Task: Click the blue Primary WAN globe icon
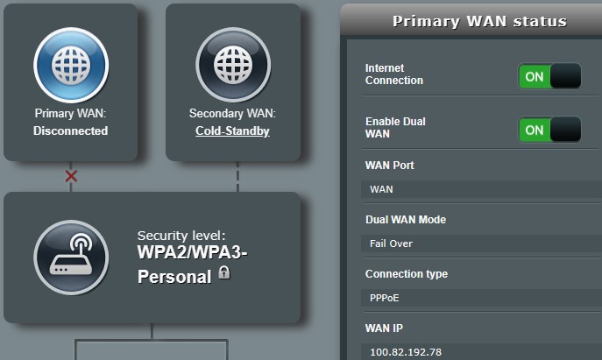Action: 71,65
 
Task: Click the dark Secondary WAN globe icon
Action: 233,65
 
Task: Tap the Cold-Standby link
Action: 232,131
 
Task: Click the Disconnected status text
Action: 71,131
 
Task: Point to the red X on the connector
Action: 71,176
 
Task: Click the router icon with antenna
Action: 71,258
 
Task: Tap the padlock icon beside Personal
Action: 224,272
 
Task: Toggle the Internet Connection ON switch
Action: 549,76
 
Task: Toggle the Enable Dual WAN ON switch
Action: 549,130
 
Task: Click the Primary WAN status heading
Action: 479,22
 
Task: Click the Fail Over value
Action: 391,244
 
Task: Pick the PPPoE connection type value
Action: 385,298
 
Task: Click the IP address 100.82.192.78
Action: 406,352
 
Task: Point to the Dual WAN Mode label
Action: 406,220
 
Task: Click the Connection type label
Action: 407,274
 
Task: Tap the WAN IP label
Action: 385,328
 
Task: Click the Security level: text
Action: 181,236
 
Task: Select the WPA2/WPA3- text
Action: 193,252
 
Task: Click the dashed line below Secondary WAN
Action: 237,177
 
